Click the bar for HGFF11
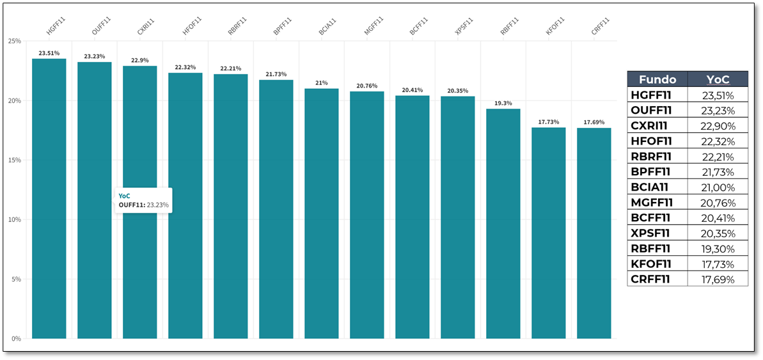click(x=49, y=198)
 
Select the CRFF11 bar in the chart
click(x=594, y=233)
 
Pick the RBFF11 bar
click(x=503, y=224)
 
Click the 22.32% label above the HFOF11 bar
click(x=185, y=67)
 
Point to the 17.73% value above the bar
click(x=548, y=121)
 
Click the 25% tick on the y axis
click(x=13, y=41)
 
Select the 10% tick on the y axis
click(x=13, y=219)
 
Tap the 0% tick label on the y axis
click(x=15, y=338)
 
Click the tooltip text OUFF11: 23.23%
click(x=143, y=205)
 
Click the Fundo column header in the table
click(x=657, y=79)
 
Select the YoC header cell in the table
click(x=717, y=79)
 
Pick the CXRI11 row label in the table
click(x=650, y=126)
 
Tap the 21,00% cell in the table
click(x=717, y=187)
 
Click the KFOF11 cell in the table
click(x=651, y=264)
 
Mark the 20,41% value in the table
click(x=717, y=218)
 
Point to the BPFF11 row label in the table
click(x=650, y=172)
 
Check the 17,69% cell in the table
click(x=717, y=279)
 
